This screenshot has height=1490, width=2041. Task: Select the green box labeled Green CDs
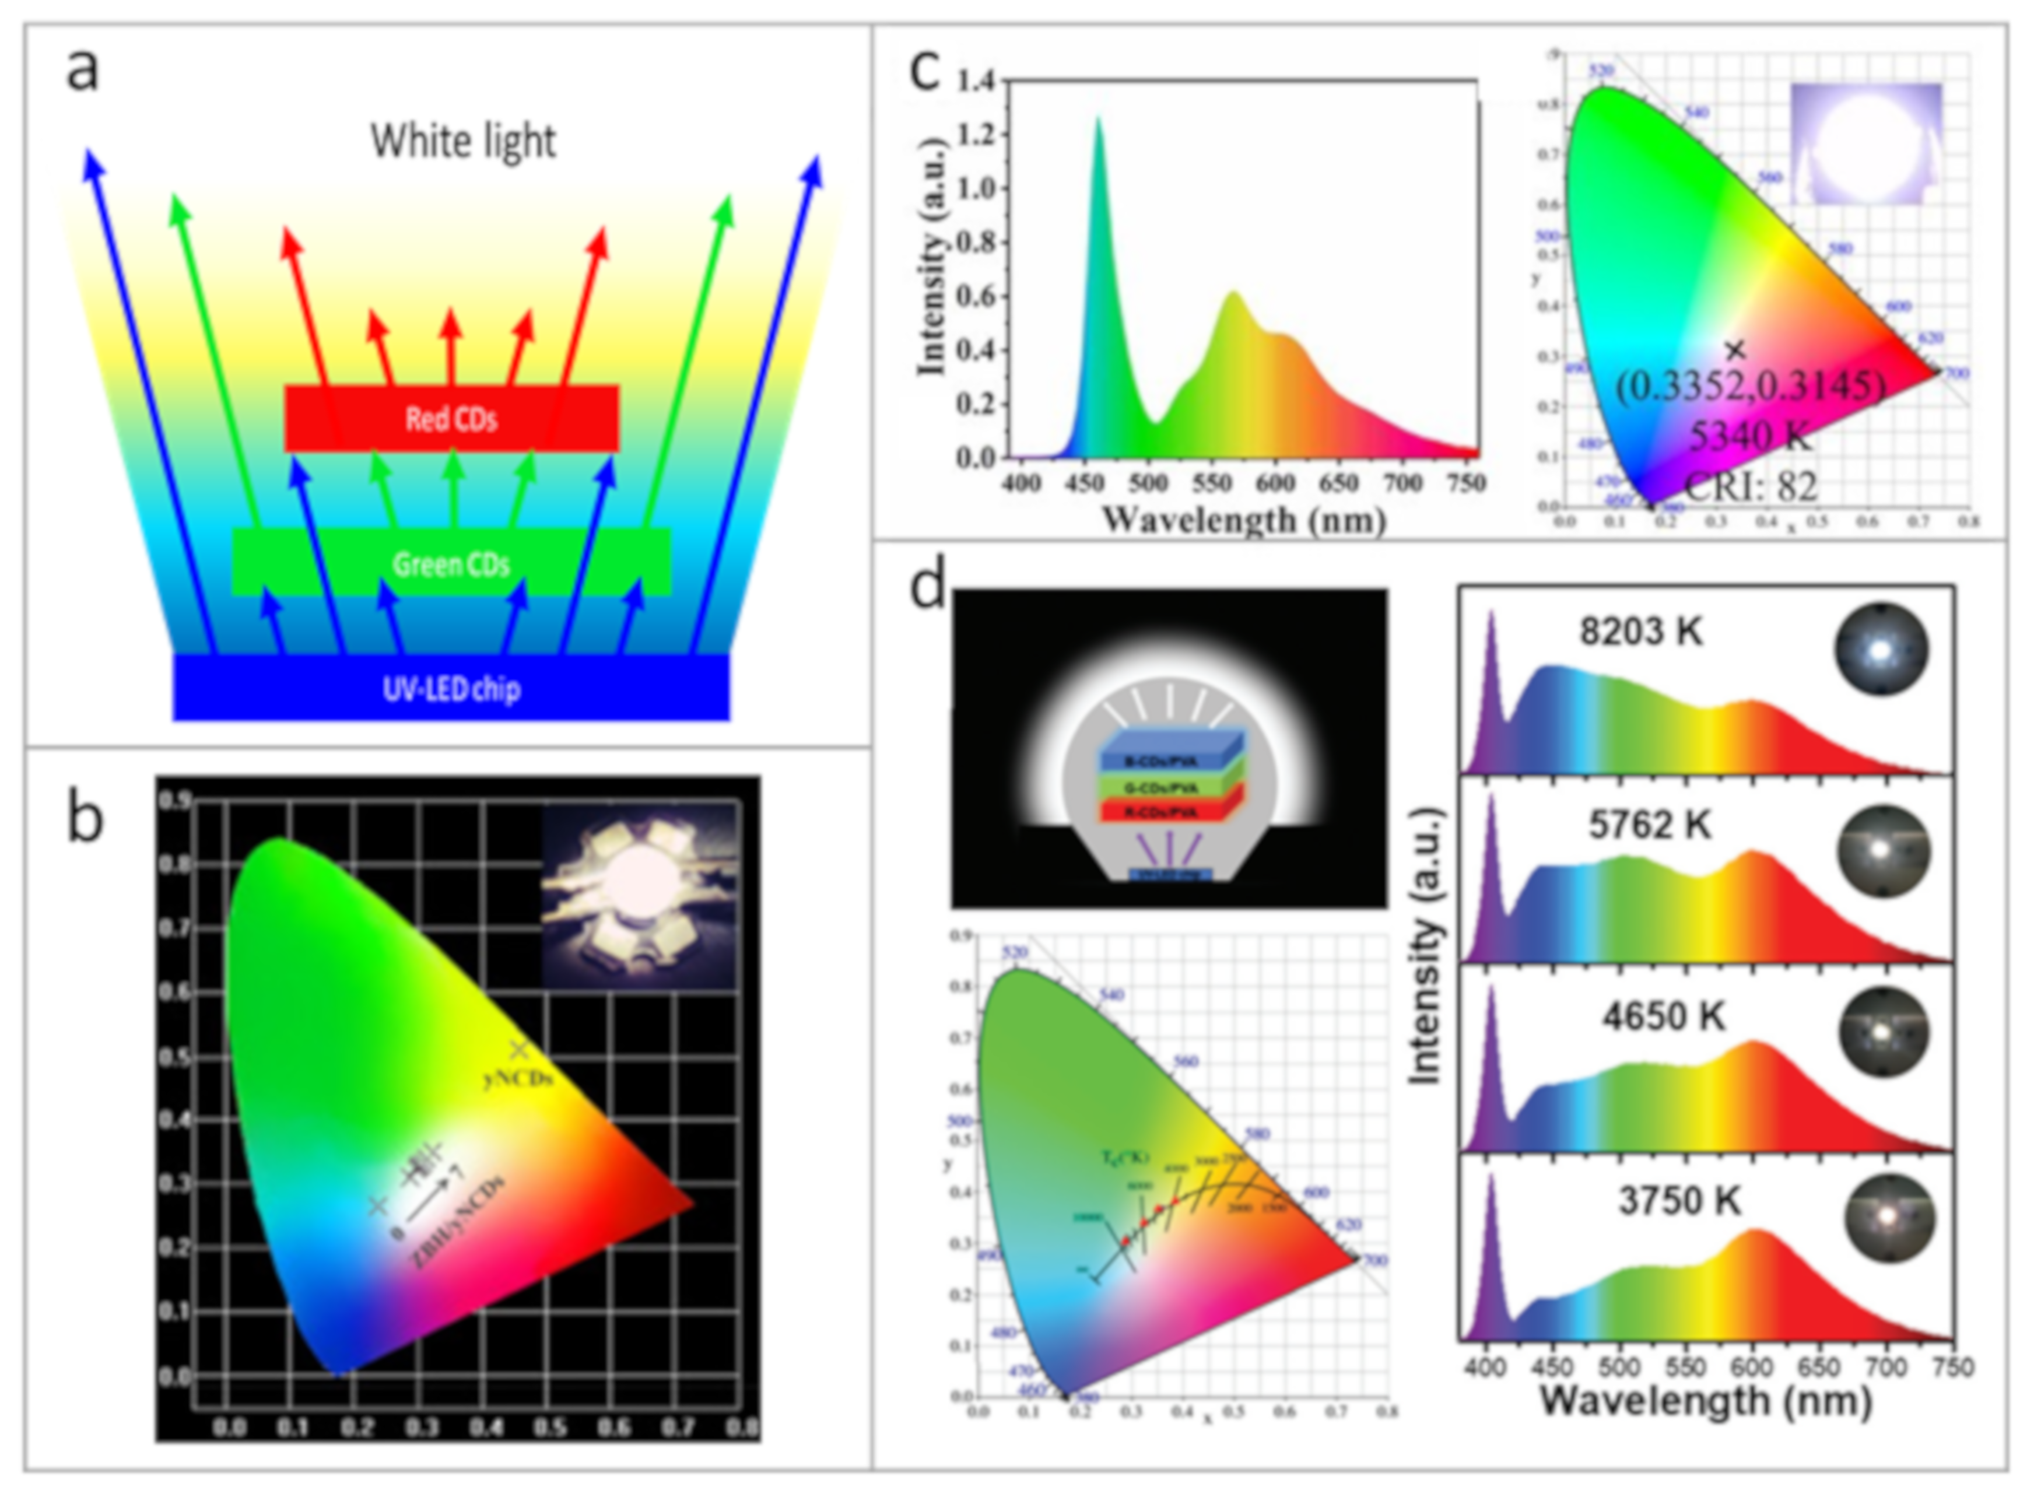tap(451, 564)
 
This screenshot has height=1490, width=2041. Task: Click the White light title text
tap(462, 142)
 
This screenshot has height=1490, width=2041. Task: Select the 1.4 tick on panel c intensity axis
tap(976, 81)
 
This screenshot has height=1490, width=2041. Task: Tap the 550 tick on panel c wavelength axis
tap(1211, 483)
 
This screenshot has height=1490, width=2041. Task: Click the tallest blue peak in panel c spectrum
tap(1099, 122)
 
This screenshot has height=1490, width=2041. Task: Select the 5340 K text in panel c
tap(1749, 437)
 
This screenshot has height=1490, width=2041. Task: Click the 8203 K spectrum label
tap(1640, 632)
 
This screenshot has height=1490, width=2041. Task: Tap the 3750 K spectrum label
tap(1679, 1201)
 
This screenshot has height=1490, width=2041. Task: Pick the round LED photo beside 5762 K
tap(1883, 850)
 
